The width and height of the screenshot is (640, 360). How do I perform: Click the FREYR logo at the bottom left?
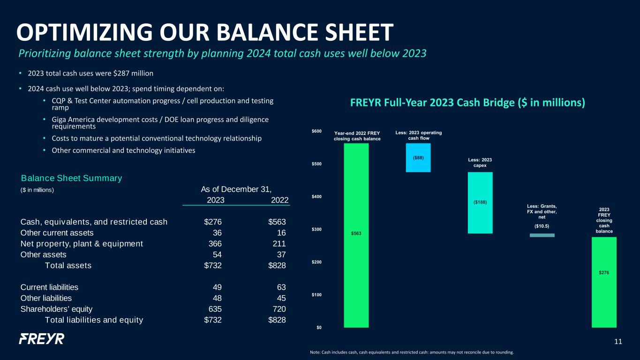(42, 339)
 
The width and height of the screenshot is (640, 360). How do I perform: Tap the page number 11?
(618, 342)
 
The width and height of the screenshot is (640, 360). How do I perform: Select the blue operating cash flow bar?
(418, 157)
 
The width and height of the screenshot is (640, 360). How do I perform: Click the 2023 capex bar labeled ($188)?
(480, 203)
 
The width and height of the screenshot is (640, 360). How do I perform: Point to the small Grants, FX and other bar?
(542, 235)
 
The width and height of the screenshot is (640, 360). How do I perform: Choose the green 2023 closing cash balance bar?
(604, 282)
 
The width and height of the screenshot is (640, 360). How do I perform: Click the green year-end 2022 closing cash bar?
(356, 235)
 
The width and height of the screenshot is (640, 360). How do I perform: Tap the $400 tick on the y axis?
(316, 196)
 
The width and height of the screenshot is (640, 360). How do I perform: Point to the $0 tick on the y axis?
(319, 328)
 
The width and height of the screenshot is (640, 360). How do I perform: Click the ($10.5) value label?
(542, 226)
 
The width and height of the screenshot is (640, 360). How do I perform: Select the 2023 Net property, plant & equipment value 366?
(215, 244)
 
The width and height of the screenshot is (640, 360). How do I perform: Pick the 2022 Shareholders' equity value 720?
(279, 309)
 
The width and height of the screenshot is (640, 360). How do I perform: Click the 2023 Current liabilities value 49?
(217, 287)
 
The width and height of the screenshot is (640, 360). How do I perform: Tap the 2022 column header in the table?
(280, 200)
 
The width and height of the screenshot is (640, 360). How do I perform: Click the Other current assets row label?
(57, 233)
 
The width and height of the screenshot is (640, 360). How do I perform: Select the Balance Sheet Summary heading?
(71, 178)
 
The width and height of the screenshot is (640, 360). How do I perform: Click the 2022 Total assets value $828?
(277, 265)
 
